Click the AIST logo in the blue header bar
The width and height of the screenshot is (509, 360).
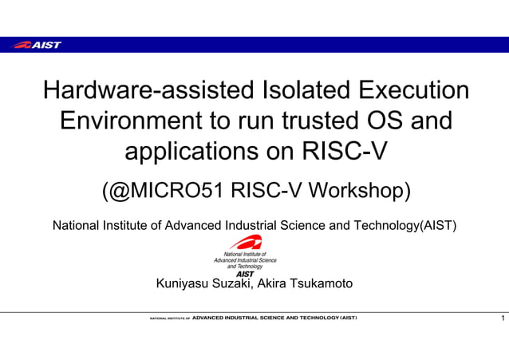click(37, 45)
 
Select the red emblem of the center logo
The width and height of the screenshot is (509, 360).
click(245, 242)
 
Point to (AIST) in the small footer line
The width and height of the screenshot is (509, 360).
click(348, 318)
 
